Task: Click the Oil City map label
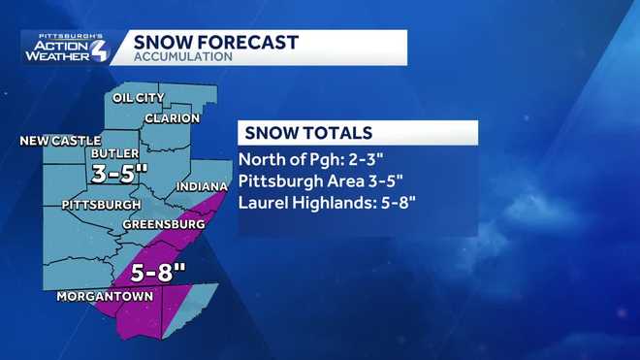139,98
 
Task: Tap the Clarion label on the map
172,118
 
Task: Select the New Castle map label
60,141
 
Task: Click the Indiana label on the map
203,185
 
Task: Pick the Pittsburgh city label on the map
101,205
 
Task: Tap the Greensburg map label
163,224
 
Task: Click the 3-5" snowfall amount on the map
119,175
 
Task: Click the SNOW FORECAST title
215,42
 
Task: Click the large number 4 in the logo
99,49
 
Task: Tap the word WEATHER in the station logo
60,56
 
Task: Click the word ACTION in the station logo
62,44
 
